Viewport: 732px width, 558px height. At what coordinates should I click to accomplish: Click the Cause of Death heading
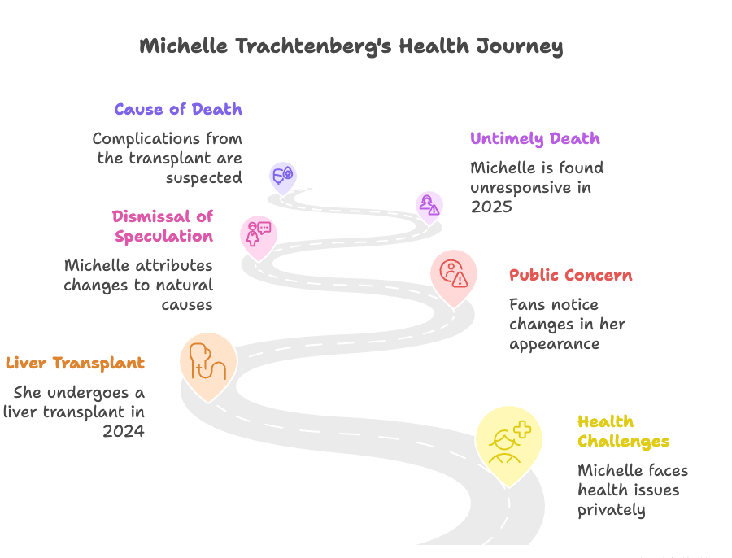pos(178,109)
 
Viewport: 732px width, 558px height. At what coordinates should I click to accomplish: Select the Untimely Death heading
pos(535,138)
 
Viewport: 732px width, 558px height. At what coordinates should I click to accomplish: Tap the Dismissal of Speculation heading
pos(163,226)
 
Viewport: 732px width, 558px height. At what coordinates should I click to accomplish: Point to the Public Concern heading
pos(570,275)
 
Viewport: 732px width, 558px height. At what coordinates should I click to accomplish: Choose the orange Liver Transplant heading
pos(75,363)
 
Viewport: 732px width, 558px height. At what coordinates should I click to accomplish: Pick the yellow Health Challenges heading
pos(623,431)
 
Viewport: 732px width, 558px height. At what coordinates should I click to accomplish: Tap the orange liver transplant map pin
pos(207,363)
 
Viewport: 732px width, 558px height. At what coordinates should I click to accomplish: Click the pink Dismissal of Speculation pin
pos(258,233)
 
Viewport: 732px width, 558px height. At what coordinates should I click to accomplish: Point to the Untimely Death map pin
pos(429,206)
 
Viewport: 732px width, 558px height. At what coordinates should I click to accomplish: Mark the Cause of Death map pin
pos(282,176)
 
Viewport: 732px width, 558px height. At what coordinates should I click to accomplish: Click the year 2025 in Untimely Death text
pos(490,207)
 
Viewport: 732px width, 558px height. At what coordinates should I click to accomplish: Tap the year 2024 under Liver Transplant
pos(124,431)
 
